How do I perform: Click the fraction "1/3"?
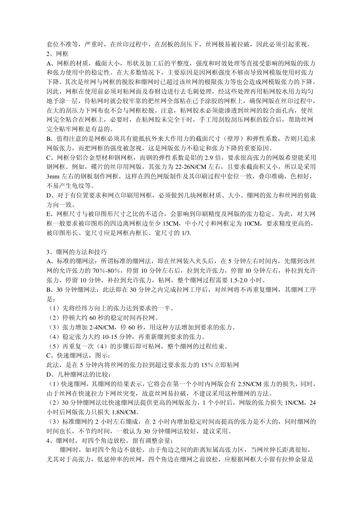tap(186, 233)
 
